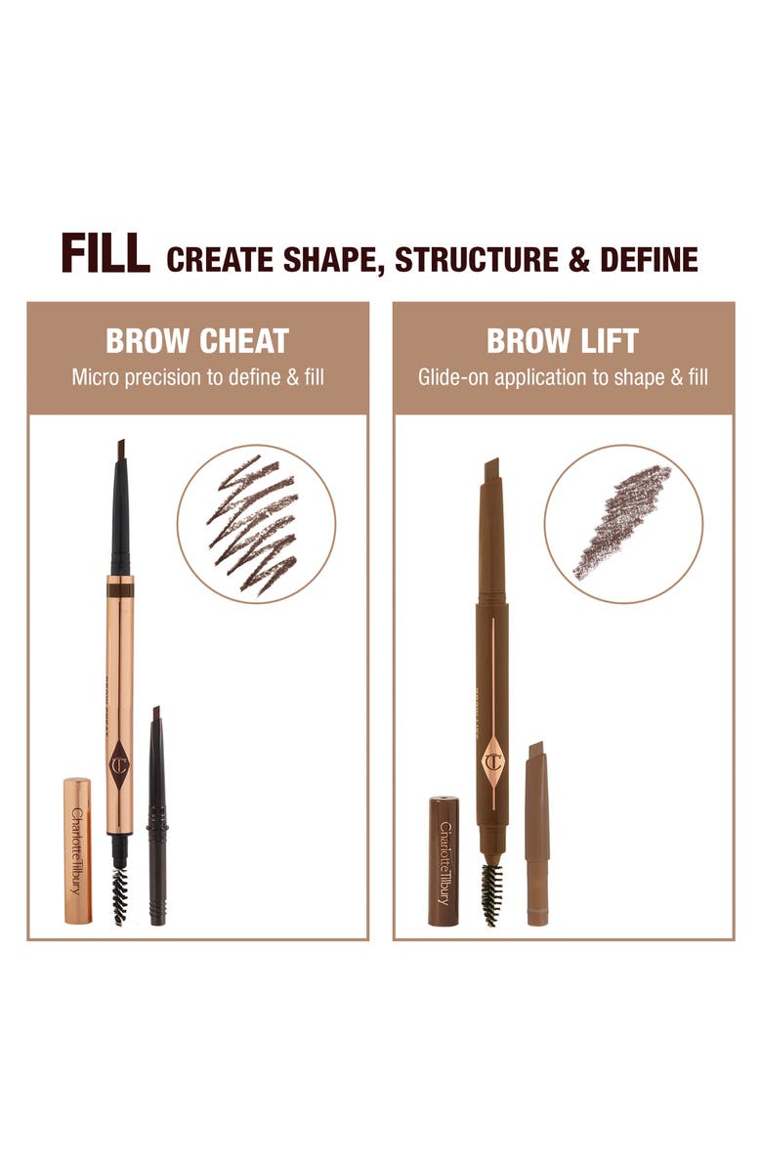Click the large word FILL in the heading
(106, 254)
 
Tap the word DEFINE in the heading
(651, 260)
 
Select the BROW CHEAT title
(197, 341)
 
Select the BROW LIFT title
(563, 341)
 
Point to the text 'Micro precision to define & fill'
(197, 376)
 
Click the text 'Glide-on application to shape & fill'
(563, 376)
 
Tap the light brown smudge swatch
(622, 521)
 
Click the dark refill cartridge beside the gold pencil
(157, 816)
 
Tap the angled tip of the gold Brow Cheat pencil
(120, 450)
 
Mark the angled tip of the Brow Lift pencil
(491, 470)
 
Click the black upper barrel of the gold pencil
(120, 518)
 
